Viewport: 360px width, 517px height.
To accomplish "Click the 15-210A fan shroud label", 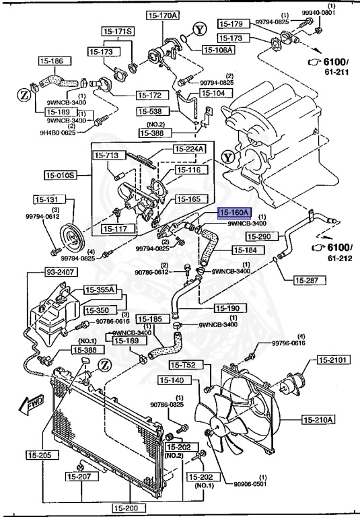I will coord(319,421).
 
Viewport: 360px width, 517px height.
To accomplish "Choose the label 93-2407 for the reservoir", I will coord(43,273).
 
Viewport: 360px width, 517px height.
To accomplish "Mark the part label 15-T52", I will coord(184,365).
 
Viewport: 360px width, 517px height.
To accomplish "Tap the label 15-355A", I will coord(100,290).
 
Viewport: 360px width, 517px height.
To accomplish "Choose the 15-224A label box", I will coord(190,149).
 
